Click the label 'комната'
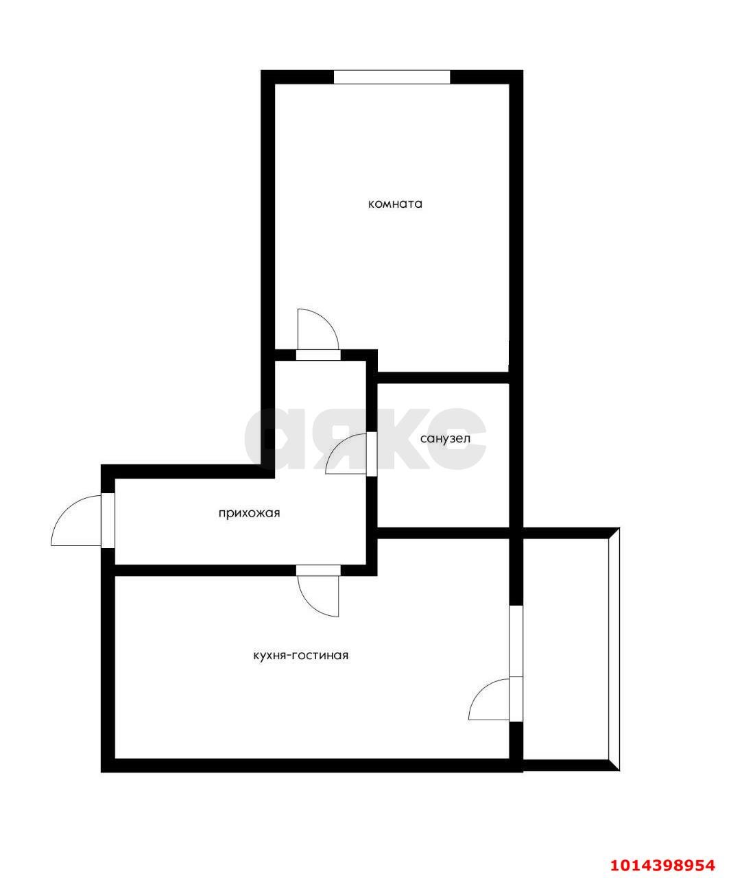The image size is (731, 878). click(x=395, y=204)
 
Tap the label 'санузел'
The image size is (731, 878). click(x=445, y=438)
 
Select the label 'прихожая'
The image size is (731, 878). click(x=249, y=514)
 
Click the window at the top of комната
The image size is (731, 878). click(x=392, y=78)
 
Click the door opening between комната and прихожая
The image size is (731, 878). click(x=318, y=355)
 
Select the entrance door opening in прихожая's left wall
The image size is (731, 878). click(x=108, y=521)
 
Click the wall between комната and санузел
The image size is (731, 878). click(x=444, y=377)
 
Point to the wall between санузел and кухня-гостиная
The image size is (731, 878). click(x=444, y=533)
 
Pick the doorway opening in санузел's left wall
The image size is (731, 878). click(x=372, y=454)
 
